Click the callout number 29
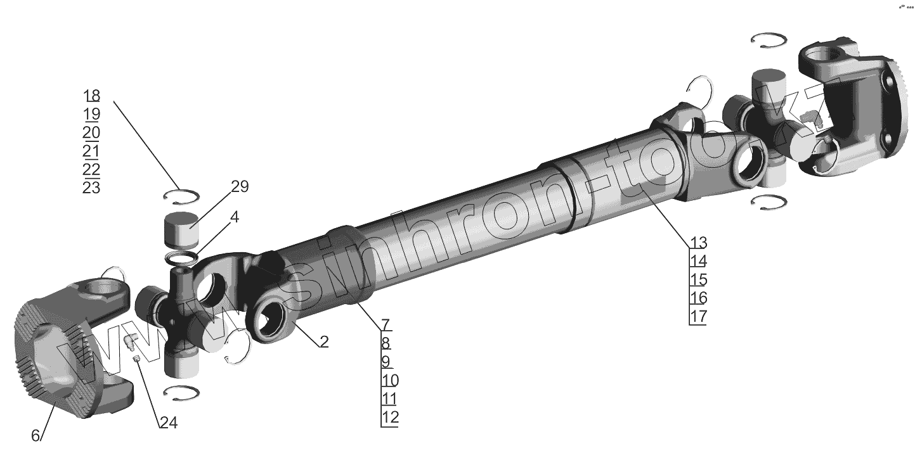coord(240,186)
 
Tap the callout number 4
coord(235,217)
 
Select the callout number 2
coord(324,342)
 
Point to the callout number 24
coord(169,423)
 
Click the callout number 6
coord(36,435)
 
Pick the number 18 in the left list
coord(91,96)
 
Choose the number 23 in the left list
coord(91,188)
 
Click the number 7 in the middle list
coord(386,325)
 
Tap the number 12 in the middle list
coord(390,417)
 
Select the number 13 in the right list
coord(698,243)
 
